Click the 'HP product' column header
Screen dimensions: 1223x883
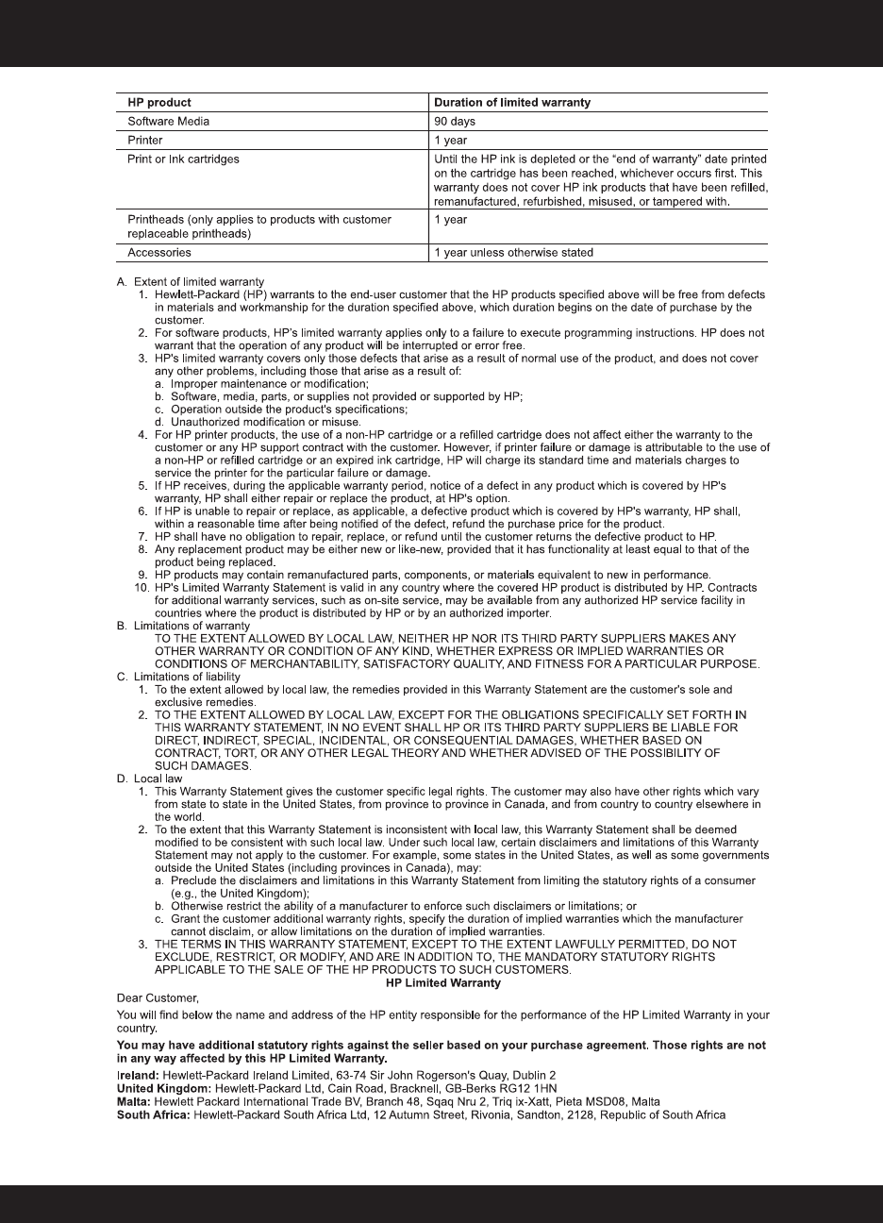[x=159, y=102]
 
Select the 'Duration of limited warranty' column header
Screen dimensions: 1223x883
[x=512, y=102]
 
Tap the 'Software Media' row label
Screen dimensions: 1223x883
[x=168, y=121]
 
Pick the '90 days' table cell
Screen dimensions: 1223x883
[x=455, y=121]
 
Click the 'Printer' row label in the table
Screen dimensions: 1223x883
[x=145, y=140]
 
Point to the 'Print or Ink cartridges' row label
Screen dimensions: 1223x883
[x=183, y=159]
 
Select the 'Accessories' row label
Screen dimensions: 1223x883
[x=159, y=252]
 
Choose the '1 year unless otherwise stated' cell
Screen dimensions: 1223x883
[x=513, y=252]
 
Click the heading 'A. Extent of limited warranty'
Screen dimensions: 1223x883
[x=191, y=281]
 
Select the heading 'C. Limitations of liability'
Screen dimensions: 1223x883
[x=179, y=677]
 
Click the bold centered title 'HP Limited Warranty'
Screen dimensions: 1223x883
[x=443, y=982]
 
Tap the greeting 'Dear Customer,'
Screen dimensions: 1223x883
[x=154, y=997]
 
